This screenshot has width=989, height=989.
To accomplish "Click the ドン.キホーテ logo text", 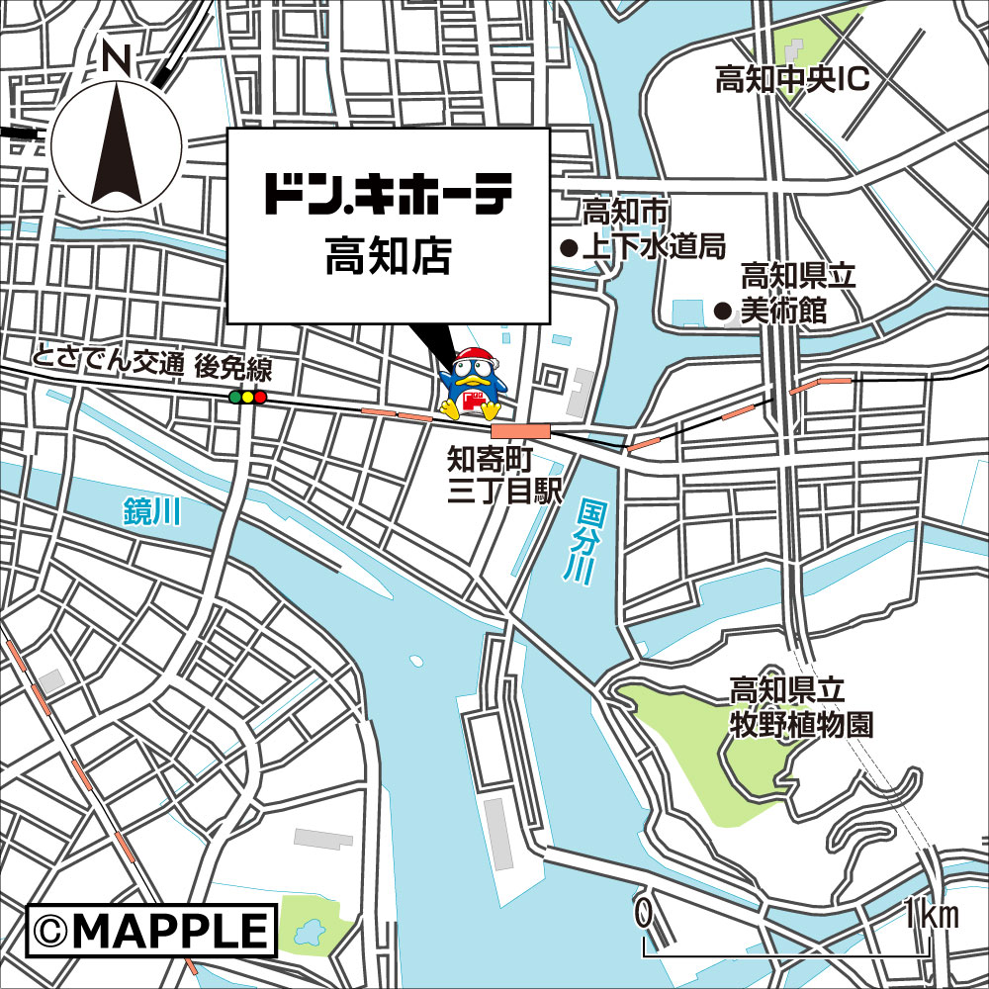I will (x=388, y=195).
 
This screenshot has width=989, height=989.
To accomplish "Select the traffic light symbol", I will (x=247, y=398).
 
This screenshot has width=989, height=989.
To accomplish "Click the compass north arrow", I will (x=117, y=143).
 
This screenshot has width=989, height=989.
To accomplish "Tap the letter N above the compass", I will (x=117, y=59).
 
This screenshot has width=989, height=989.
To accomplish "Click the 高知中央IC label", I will (x=791, y=80).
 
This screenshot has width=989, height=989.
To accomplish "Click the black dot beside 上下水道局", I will (x=569, y=247).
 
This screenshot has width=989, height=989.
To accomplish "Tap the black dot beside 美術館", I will (x=723, y=312).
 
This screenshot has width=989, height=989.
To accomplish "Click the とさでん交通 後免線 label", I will (x=151, y=366).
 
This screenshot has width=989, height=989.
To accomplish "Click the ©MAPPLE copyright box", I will (x=150, y=931).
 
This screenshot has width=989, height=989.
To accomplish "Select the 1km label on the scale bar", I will (x=931, y=915).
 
